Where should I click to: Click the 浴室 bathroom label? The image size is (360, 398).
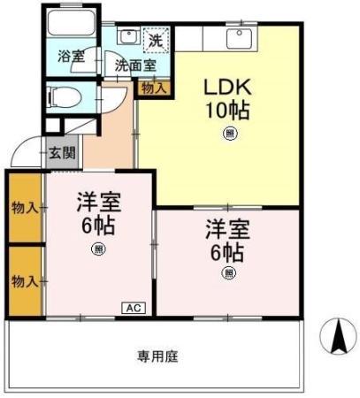click(72, 56)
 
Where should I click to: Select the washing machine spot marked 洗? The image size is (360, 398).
click(156, 39)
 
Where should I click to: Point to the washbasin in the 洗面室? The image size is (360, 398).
click(127, 37)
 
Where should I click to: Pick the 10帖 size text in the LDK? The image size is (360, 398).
click(227, 111)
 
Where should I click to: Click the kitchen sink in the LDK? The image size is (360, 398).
click(238, 38)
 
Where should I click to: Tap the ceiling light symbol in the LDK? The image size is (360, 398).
click(229, 134)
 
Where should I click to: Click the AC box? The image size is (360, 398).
click(133, 308)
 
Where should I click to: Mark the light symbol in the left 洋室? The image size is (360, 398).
click(97, 249)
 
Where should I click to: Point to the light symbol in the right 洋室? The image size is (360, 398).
click(227, 273)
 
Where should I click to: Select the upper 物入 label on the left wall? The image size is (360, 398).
click(24, 208)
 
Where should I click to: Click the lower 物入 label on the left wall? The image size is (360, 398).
click(24, 281)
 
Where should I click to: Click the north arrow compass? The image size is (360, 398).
click(337, 336)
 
